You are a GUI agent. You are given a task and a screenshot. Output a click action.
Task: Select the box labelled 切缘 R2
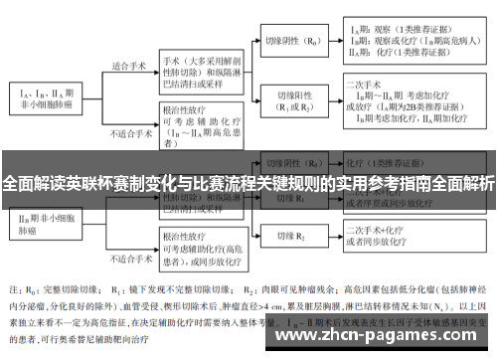click(x=288, y=239)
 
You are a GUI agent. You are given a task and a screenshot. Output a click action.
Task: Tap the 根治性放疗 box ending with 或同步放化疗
click(x=200, y=239)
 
